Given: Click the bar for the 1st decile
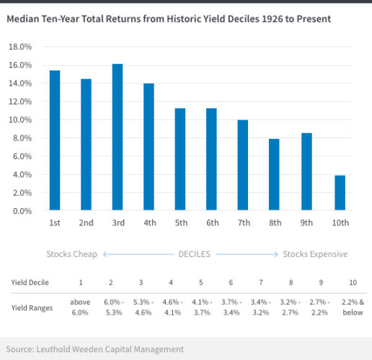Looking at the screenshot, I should (54, 140).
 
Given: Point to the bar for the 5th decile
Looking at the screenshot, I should (181, 160).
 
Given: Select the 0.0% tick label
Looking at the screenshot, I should (22, 211).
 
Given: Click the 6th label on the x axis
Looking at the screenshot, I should (212, 223).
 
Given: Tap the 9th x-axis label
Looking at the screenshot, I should (307, 223).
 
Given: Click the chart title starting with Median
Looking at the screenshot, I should (169, 19).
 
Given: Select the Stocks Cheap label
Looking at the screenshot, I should (71, 254).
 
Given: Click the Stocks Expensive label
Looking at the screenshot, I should (315, 254).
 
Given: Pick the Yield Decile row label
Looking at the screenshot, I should (30, 282).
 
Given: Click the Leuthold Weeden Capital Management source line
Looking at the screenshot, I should (95, 348).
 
